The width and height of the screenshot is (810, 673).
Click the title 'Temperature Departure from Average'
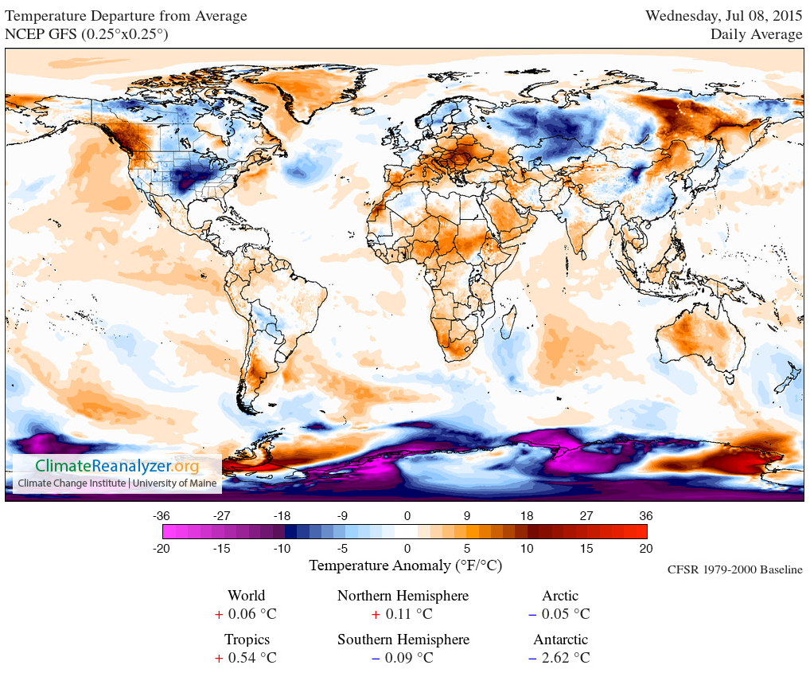[x=127, y=17]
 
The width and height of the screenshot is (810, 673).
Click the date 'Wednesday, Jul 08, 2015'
[x=723, y=16]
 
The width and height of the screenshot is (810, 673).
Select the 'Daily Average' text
[x=756, y=34]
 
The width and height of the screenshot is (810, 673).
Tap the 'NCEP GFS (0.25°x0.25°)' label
[x=87, y=34]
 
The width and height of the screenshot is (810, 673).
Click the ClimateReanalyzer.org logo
[x=116, y=466]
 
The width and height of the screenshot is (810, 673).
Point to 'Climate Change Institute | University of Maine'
[x=116, y=483]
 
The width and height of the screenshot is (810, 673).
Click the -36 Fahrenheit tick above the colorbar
[x=162, y=515]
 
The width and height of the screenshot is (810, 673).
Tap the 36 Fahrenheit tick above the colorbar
[x=645, y=515]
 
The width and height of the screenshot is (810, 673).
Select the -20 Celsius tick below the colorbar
[x=162, y=549]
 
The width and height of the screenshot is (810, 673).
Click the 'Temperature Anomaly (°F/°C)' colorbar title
[x=405, y=566]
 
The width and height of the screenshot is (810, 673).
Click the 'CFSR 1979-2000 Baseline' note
[x=735, y=570]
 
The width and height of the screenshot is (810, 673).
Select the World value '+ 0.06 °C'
[x=246, y=614]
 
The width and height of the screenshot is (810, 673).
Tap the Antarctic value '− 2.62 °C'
[x=560, y=658]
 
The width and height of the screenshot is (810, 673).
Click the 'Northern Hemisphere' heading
[x=403, y=596]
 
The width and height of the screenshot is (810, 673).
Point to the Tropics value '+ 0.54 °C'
[x=246, y=658]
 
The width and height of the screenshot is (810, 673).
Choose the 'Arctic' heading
[x=560, y=596]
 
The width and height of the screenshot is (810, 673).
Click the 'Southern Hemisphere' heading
[x=403, y=640]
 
